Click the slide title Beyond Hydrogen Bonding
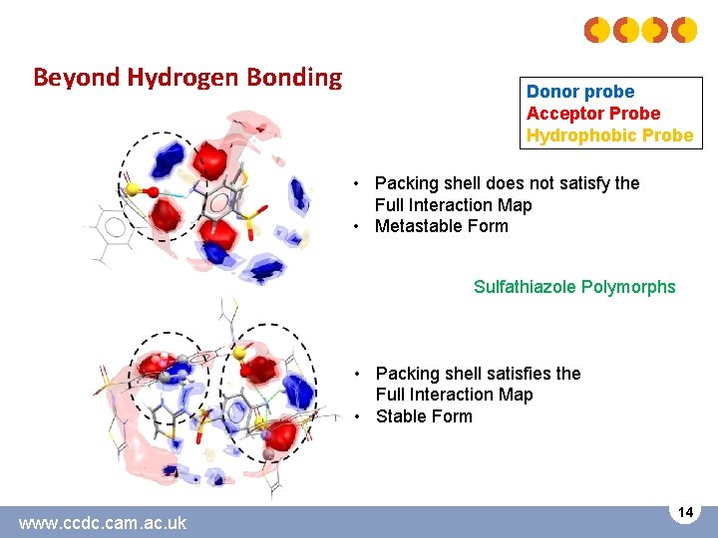click(187, 77)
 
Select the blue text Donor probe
click(579, 92)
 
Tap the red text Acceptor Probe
click(593, 114)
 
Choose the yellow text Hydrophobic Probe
click(609, 135)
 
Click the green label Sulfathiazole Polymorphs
click(574, 287)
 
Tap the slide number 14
click(685, 512)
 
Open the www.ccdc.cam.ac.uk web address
click(103, 522)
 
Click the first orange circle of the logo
click(596, 31)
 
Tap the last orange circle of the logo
click(684, 31)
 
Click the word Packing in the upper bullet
click(406, 183)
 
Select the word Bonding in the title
click(297, 77)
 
